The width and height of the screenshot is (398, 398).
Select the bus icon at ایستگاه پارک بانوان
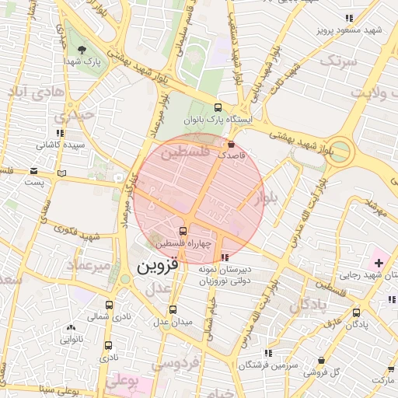point(218,108)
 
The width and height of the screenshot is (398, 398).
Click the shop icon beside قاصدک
point(230,144)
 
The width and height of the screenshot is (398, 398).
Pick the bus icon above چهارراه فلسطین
point(183,231)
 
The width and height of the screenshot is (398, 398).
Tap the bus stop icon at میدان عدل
point(173,309)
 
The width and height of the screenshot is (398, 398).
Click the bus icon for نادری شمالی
point(108,305)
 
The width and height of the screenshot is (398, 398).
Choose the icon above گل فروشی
point(322,361)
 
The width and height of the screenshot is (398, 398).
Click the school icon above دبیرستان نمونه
point(225,257)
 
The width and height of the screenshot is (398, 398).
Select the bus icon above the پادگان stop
point(357,312)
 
